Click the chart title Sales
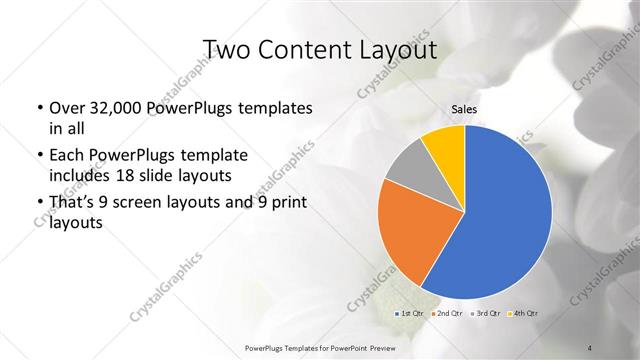(464, 113)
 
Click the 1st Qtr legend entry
(411, 314)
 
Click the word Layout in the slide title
(395, 49)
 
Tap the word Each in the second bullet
(64, 156)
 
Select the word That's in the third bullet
(71, 203)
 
